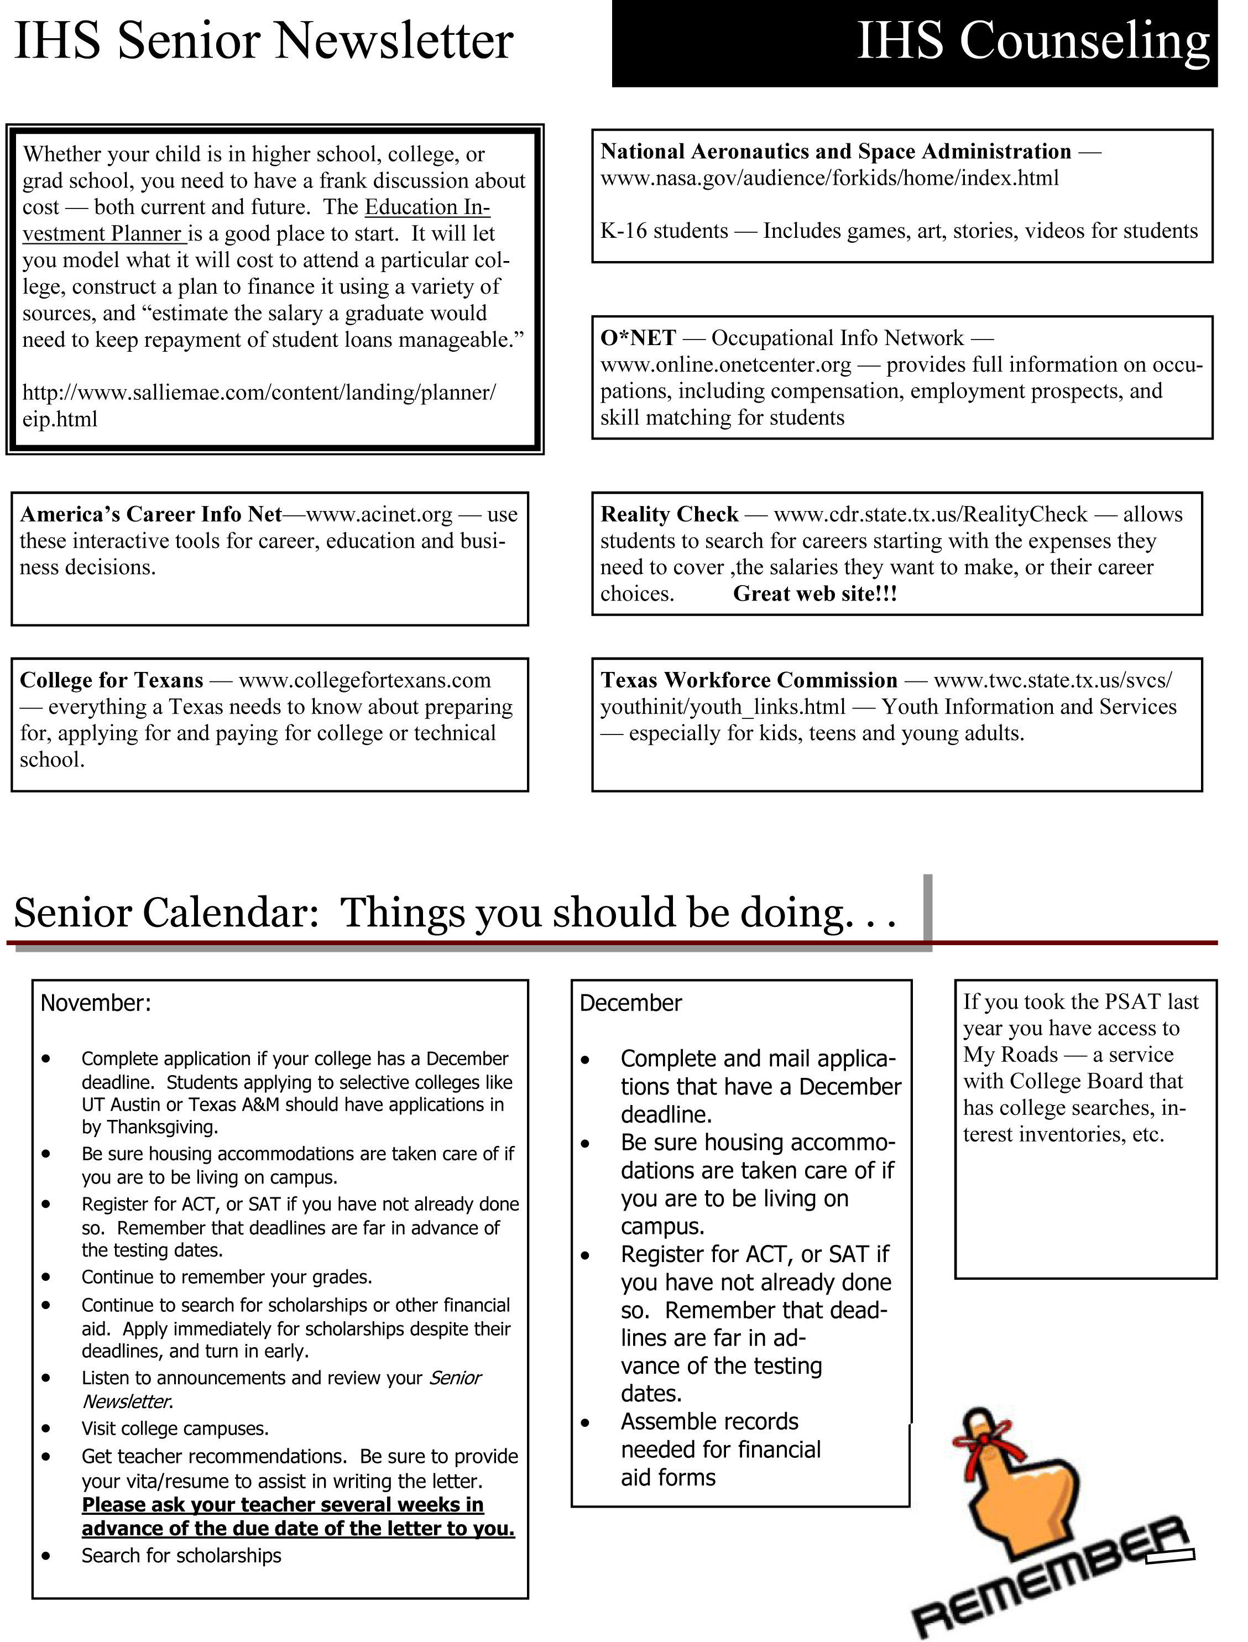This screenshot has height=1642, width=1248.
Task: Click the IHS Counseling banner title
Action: [1032, 41]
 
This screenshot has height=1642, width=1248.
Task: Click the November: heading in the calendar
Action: [96, 1003]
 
